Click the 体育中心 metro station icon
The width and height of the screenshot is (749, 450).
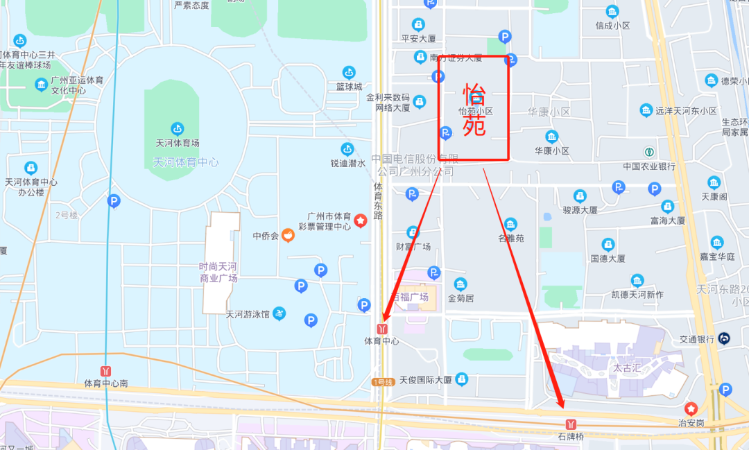[x=382, y=328]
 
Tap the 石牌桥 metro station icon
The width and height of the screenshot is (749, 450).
[x=571, y=424]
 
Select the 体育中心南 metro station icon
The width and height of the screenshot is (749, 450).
[x=105, y=371]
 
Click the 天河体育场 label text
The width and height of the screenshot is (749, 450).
[x=178, y=143]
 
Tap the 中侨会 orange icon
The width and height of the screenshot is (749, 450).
[x=287, y=236]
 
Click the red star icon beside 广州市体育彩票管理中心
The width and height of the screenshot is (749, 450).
[x=361, y=220]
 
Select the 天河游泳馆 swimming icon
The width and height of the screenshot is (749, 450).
[x=279, y=313]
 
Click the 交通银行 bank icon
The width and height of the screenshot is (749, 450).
[x=723, y=338]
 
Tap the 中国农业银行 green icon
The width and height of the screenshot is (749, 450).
[x=649, y=151]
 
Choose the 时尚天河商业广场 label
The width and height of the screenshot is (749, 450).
[x=218, y=272]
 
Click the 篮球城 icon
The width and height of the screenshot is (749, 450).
[x=349, y=72]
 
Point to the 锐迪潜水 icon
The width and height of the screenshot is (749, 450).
[x=347, y=149]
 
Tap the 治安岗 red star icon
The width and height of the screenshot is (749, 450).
[x=691, y=409]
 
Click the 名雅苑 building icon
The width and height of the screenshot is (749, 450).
[x=510, y=224]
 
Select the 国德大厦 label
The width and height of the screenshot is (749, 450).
[x=608, y=259]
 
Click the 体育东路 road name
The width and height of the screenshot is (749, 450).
[x=378, y=201]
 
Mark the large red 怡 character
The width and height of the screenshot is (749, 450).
[x=474, y=94]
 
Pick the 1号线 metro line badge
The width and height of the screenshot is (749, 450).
[x=383, y=382]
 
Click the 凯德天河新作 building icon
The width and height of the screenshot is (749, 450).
[x=637, y=281]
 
